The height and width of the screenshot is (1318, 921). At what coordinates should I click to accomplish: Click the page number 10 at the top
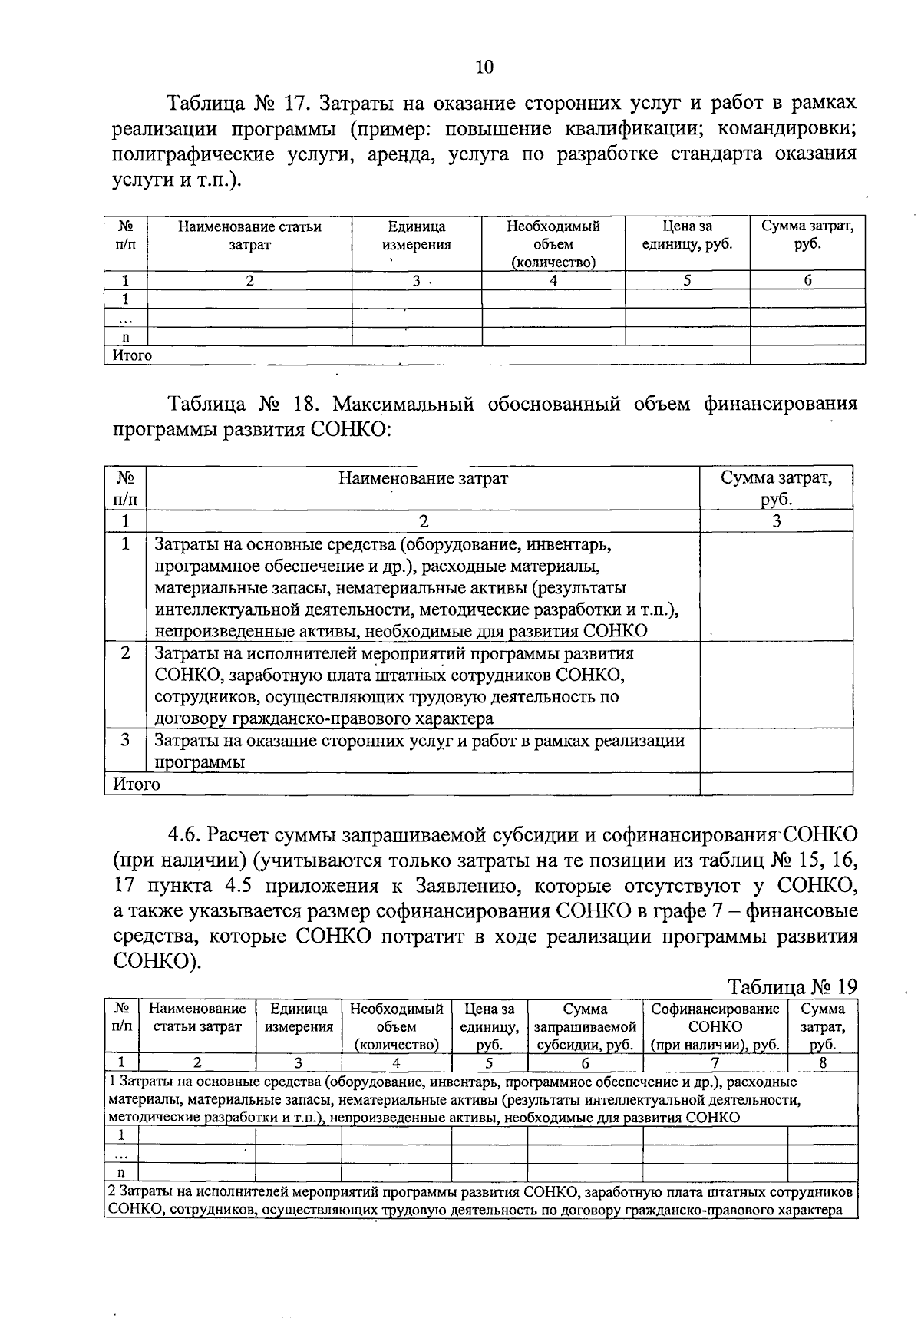484,67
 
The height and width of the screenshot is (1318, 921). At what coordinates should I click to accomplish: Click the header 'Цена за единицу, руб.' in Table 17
687,236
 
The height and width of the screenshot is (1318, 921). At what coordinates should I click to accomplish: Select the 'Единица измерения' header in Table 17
417,236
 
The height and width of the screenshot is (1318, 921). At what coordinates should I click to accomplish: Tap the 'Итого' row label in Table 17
132,355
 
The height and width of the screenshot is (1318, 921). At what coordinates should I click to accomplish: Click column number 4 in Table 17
553,281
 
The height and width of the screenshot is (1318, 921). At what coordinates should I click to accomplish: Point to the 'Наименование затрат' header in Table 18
423,479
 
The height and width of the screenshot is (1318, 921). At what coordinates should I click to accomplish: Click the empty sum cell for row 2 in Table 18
776,685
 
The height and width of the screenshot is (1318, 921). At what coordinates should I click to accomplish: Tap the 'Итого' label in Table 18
137,785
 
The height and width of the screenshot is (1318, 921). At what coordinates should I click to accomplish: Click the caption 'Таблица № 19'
791,986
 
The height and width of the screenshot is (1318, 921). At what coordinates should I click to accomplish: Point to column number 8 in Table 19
822,1063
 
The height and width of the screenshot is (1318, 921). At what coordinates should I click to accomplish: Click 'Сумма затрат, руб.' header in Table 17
807,236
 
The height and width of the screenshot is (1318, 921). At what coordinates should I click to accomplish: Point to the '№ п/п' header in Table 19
121,1017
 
